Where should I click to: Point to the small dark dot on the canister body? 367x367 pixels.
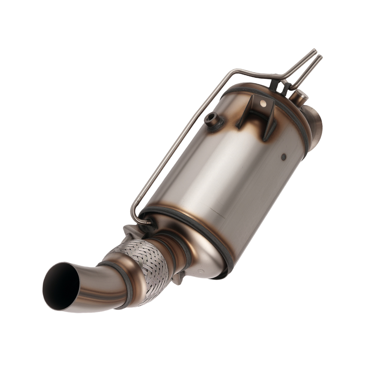[284, 157]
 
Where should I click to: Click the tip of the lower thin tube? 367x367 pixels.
[320, 57]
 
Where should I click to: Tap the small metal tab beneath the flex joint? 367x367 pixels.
[177, 280]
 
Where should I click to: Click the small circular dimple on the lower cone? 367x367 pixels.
[200, 272]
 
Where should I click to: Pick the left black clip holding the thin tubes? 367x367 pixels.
[273, 85]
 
